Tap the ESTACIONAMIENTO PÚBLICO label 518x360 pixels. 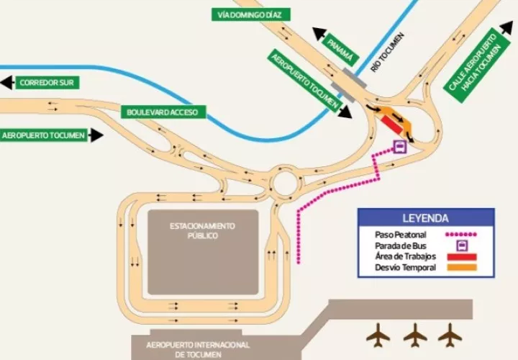pos(202,230)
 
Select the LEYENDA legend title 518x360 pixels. pos(426,218)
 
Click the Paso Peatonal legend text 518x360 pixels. pos(401,235)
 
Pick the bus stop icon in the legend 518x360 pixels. pos(462,246)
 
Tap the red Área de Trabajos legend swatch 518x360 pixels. pos(462,257)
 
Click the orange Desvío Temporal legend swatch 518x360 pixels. pos(462,269)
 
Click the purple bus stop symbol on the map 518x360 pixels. pos(399,148)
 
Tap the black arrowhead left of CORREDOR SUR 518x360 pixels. pos(6,83)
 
